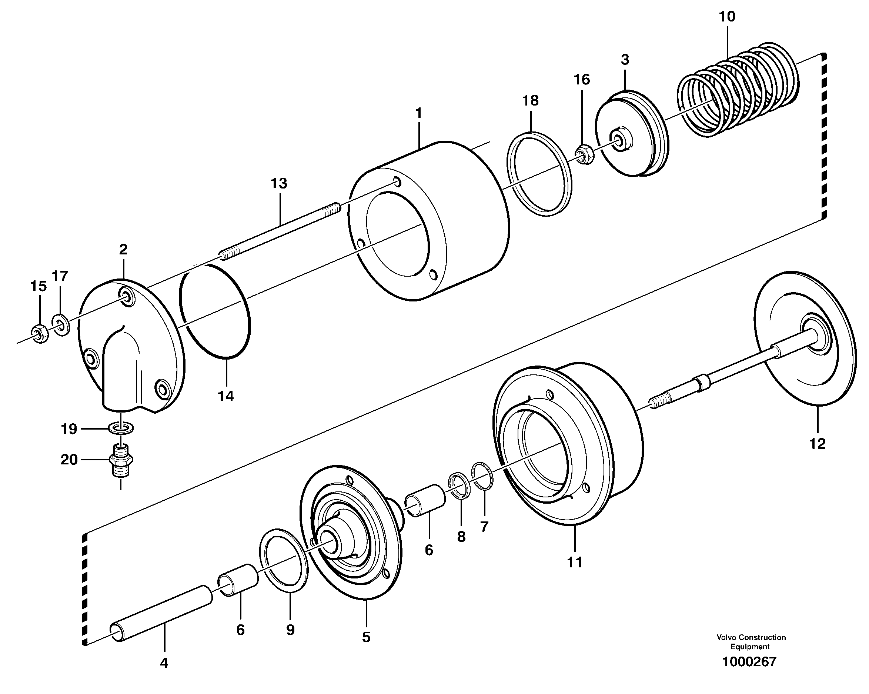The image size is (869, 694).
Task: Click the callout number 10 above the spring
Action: [727, 17]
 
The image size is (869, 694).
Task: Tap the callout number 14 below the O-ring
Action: [226, 396]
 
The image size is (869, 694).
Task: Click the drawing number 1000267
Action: [749, 662]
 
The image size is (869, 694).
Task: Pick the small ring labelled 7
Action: [482, 476]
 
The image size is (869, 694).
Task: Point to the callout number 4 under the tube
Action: [164, 663]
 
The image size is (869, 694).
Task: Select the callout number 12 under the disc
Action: [818, 444]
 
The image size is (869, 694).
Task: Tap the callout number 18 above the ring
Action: [531, 100]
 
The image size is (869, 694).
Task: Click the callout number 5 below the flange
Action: [366, 637]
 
